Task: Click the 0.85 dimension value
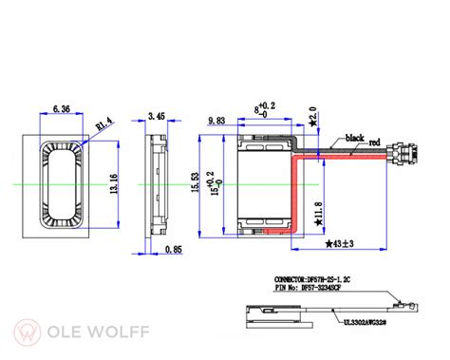click(172, 250)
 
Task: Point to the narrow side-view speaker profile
click(153, 182)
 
